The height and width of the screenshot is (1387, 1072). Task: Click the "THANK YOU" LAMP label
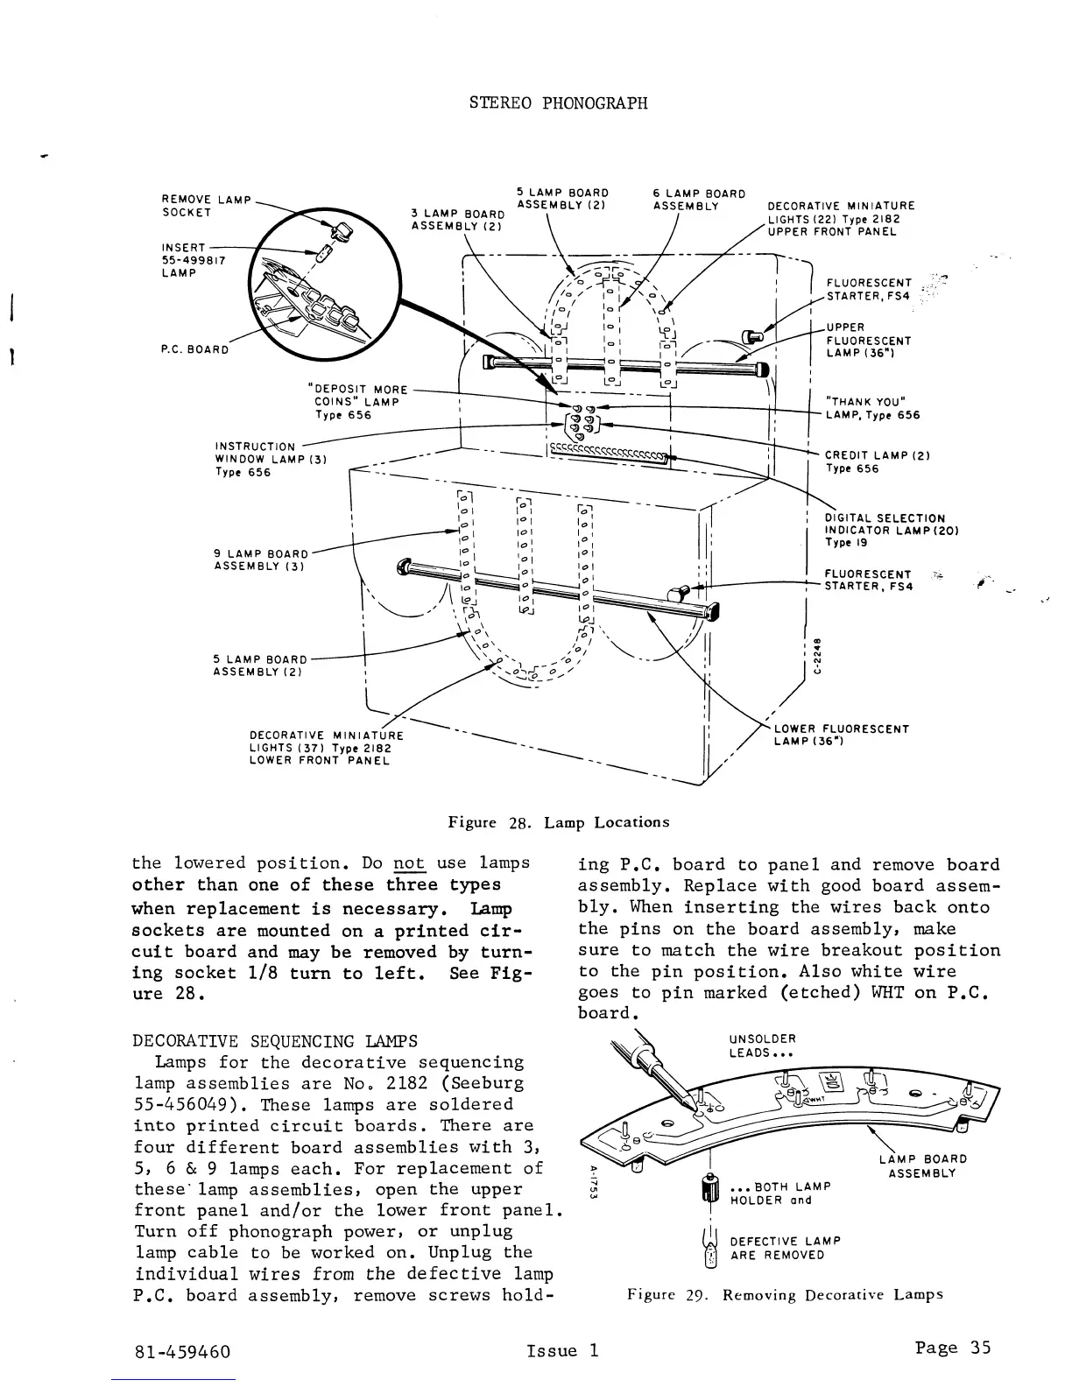tap(872, 408)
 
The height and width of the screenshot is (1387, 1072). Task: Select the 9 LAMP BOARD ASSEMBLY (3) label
tap(261, 560)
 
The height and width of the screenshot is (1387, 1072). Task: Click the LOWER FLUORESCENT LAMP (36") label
tap(841, 735)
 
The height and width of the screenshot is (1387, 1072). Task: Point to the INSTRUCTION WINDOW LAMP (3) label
tap(271, 460)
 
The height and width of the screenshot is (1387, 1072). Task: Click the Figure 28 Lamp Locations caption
tap(558, 822)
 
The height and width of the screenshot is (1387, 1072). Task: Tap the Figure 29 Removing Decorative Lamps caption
tap(785, 1294)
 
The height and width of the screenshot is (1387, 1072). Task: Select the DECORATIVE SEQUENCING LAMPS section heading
tap(274, 1041)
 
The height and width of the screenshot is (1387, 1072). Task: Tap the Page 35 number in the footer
tap(952, 1348)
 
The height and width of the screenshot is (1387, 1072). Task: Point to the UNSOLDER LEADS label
tap(762, 1046)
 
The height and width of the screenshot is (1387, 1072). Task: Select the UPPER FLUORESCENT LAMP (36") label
tap(869, 341)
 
